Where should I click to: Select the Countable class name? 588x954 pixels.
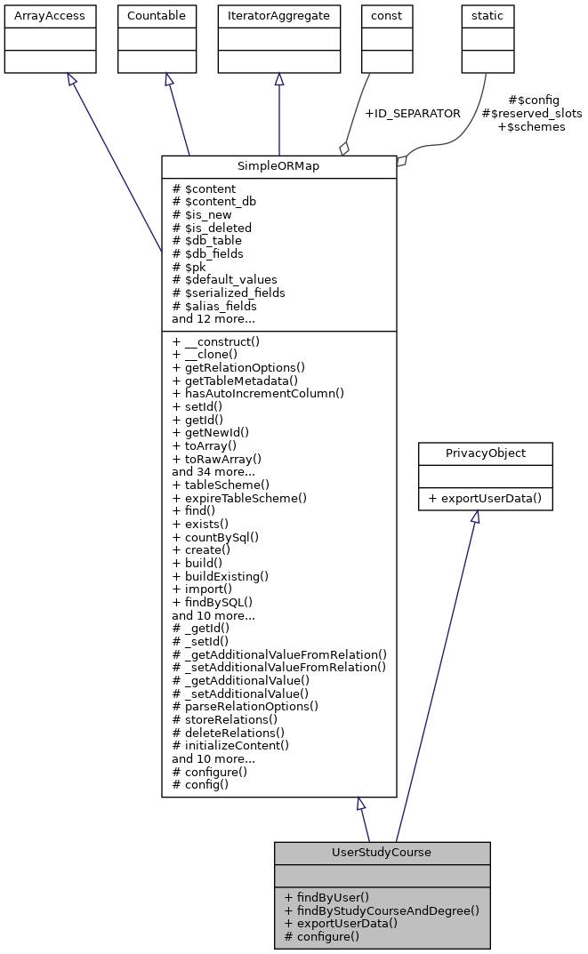tap(157, 16)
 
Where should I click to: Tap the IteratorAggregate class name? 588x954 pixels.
tap(279, 16)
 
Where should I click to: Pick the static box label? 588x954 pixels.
tap(487, 16)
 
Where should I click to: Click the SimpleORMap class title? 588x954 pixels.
tap(278, 167)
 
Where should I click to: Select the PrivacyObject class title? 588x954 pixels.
tap(486, 453)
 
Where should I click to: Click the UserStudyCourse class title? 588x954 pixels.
tap(382, 853)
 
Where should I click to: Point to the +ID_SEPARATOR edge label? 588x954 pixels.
tap(413, 114)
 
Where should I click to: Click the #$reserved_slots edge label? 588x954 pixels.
tap(531, 114)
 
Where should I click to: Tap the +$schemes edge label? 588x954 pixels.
tap(531, 127)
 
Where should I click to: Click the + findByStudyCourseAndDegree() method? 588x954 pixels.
tap(382, 910)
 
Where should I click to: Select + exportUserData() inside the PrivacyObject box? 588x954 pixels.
tap(486, 498)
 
